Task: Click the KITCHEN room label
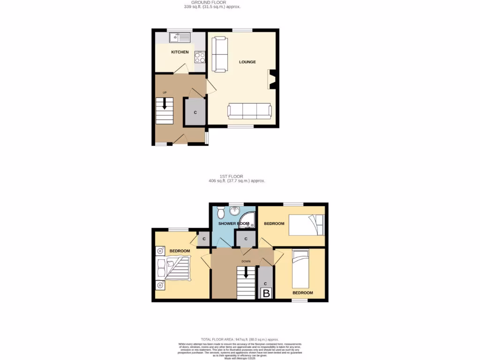180,52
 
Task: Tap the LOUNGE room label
247,61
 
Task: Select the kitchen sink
180,36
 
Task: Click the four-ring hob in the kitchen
199,57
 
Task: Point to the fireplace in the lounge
271,79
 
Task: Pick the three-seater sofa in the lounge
249,111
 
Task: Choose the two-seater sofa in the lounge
219,54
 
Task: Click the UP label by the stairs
165,92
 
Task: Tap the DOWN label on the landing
246,261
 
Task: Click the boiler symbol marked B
266,293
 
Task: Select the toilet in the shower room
219,213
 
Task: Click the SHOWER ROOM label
233,224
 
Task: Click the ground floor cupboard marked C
195,112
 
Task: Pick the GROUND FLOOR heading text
212,2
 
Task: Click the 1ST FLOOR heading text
238,176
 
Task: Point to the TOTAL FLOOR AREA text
240,339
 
